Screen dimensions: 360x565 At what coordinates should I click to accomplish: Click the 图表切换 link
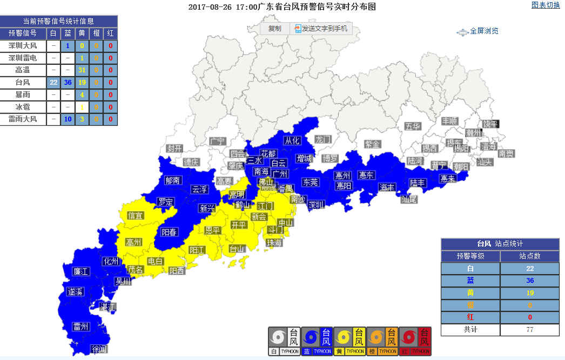pyautogui.click(x=546, y=5)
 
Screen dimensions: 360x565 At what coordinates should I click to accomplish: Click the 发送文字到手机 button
pyautogui.click(x=321, y=29)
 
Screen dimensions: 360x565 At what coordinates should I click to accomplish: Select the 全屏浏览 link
pyautogui.click(x=480, y=31)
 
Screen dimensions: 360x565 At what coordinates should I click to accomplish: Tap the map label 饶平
pyautogui.click(x=491, y=124)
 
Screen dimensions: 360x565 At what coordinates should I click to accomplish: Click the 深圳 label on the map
pyautogui.click(x=316, y=205)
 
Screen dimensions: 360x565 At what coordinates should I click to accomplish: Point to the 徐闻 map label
pyautogui.click(x=99, y=349)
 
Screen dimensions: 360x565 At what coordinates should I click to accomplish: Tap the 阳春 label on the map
pyautogui.click(x=169, y=232)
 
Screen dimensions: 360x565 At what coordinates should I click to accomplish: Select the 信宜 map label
pyautogui.click(x=135, y=215)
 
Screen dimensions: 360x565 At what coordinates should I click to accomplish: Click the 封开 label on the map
pyautogui.click(x=174, y=148)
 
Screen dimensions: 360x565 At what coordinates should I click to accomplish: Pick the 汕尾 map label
pyautogui.click(x=409, y=199)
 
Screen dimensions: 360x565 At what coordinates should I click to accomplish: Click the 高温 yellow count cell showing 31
pyautogui.click(x=82, y=70)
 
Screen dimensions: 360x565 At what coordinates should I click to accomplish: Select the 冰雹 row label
pyautogui.click(x=23, y=107)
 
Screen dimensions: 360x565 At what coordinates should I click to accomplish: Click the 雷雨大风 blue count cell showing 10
pyautogui.click(x=68, y=119)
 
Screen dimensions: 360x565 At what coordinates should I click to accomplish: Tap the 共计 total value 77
pyautogui.click(x=529, y=330)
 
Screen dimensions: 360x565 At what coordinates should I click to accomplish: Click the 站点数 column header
pyautogui.click(x=529, y=256)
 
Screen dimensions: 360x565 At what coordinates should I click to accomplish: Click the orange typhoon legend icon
pyautogui.click(x=382, y=341)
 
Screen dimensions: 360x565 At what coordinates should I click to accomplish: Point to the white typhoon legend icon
pyautogui.click(x=284, y=341)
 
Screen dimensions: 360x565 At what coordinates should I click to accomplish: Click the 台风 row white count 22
pyautogui.click(x=53, y=83)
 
